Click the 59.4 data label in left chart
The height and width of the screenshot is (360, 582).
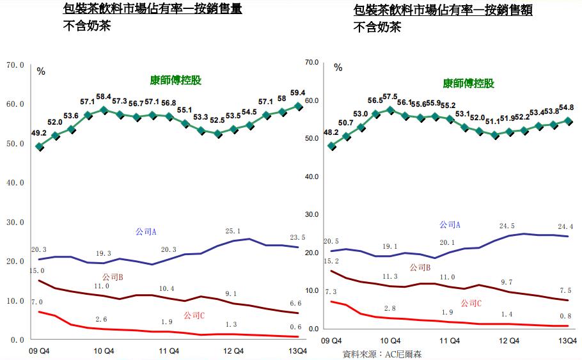(x=298, y=92)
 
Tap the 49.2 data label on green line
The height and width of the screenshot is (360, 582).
(x=39, y=133)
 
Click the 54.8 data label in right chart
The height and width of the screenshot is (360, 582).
(x=565, y=107)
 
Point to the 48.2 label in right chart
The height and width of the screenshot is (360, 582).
(x=331, y=132)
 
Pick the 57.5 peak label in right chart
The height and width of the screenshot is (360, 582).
(x=389, y=97)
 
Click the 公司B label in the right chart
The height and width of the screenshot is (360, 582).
(x=420, y=267)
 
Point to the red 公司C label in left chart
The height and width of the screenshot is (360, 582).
(x=194, y=315)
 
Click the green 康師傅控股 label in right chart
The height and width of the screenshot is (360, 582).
(x=468, y=83)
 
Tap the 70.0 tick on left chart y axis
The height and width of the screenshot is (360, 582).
(x=15, y=65)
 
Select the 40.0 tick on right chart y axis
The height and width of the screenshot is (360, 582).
(x=311, y=177)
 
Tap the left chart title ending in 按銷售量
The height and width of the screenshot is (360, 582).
(x=153, y=10)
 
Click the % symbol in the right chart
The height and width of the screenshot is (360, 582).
(x=338, y=67)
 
